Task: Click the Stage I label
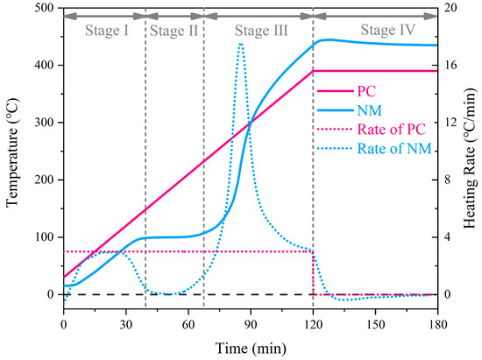(x=107, y=31)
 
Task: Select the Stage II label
(x=174, y=31)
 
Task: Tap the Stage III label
(x=261, y=31)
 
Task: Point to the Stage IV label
(x=388, y=30)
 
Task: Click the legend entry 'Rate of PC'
(x=392, y=130)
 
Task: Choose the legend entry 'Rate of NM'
(x=394, y=149)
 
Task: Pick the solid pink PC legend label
(x=366, y=91)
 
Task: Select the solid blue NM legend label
(x=370, y=110)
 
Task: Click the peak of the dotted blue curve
(x=241, y=44)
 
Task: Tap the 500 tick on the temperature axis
(x=45, y=8)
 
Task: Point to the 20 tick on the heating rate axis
(x=450, y=8)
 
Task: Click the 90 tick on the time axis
(x=251, y=324)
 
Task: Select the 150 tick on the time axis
(x=375, y=324)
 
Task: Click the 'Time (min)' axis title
(x=251, y=349)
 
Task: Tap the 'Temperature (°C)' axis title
(x=12, y=152)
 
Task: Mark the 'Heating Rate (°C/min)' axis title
(x=471, y=159)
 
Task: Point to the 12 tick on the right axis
(x=450, y=123)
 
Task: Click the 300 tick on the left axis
(x=45, y=123)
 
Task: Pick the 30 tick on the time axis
(x=125, y=324)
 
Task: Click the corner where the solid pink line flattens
(x=313, y=71)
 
